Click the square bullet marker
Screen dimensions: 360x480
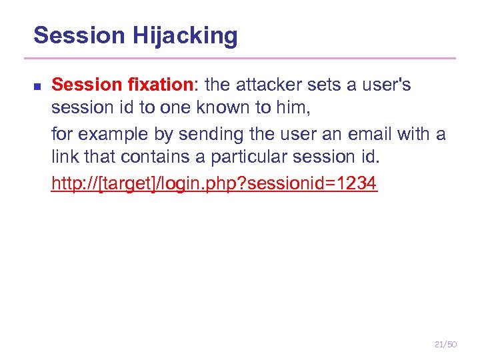click(37, 86)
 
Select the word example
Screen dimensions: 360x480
click(109, 135)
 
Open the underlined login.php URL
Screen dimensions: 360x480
click(214, 183)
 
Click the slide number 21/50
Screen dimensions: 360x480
click(445, 344)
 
